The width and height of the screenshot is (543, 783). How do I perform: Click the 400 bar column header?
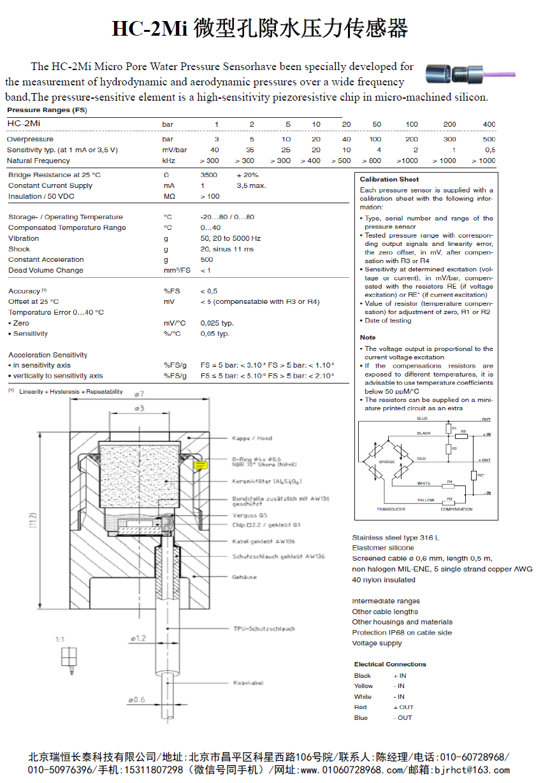pos(489,124)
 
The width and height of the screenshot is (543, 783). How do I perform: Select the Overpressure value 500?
pos(489,139)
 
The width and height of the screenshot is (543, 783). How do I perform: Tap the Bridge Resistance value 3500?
pos(208,175)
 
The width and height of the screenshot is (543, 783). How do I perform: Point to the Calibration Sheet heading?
pos(389,180)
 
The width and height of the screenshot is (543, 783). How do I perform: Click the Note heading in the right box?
pos(368,338)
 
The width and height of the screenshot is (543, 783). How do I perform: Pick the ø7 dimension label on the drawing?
pos(139,394)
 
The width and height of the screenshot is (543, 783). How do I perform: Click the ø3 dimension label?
pos(139,408)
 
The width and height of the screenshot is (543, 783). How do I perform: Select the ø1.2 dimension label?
pos(138,637)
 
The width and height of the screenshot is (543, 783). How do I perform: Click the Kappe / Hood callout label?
pos(252,438)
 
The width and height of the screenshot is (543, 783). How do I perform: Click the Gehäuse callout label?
pos(245,577)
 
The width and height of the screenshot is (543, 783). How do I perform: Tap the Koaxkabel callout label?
pos(248,683)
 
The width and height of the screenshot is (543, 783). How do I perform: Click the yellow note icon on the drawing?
pos(199,466)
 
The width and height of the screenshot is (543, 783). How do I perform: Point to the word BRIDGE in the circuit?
pos(387,462)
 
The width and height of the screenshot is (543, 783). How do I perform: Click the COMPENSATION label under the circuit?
pos(456,509)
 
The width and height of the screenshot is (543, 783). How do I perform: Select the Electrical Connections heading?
pos(390,664)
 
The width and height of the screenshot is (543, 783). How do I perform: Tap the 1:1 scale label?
pos(60,638)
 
